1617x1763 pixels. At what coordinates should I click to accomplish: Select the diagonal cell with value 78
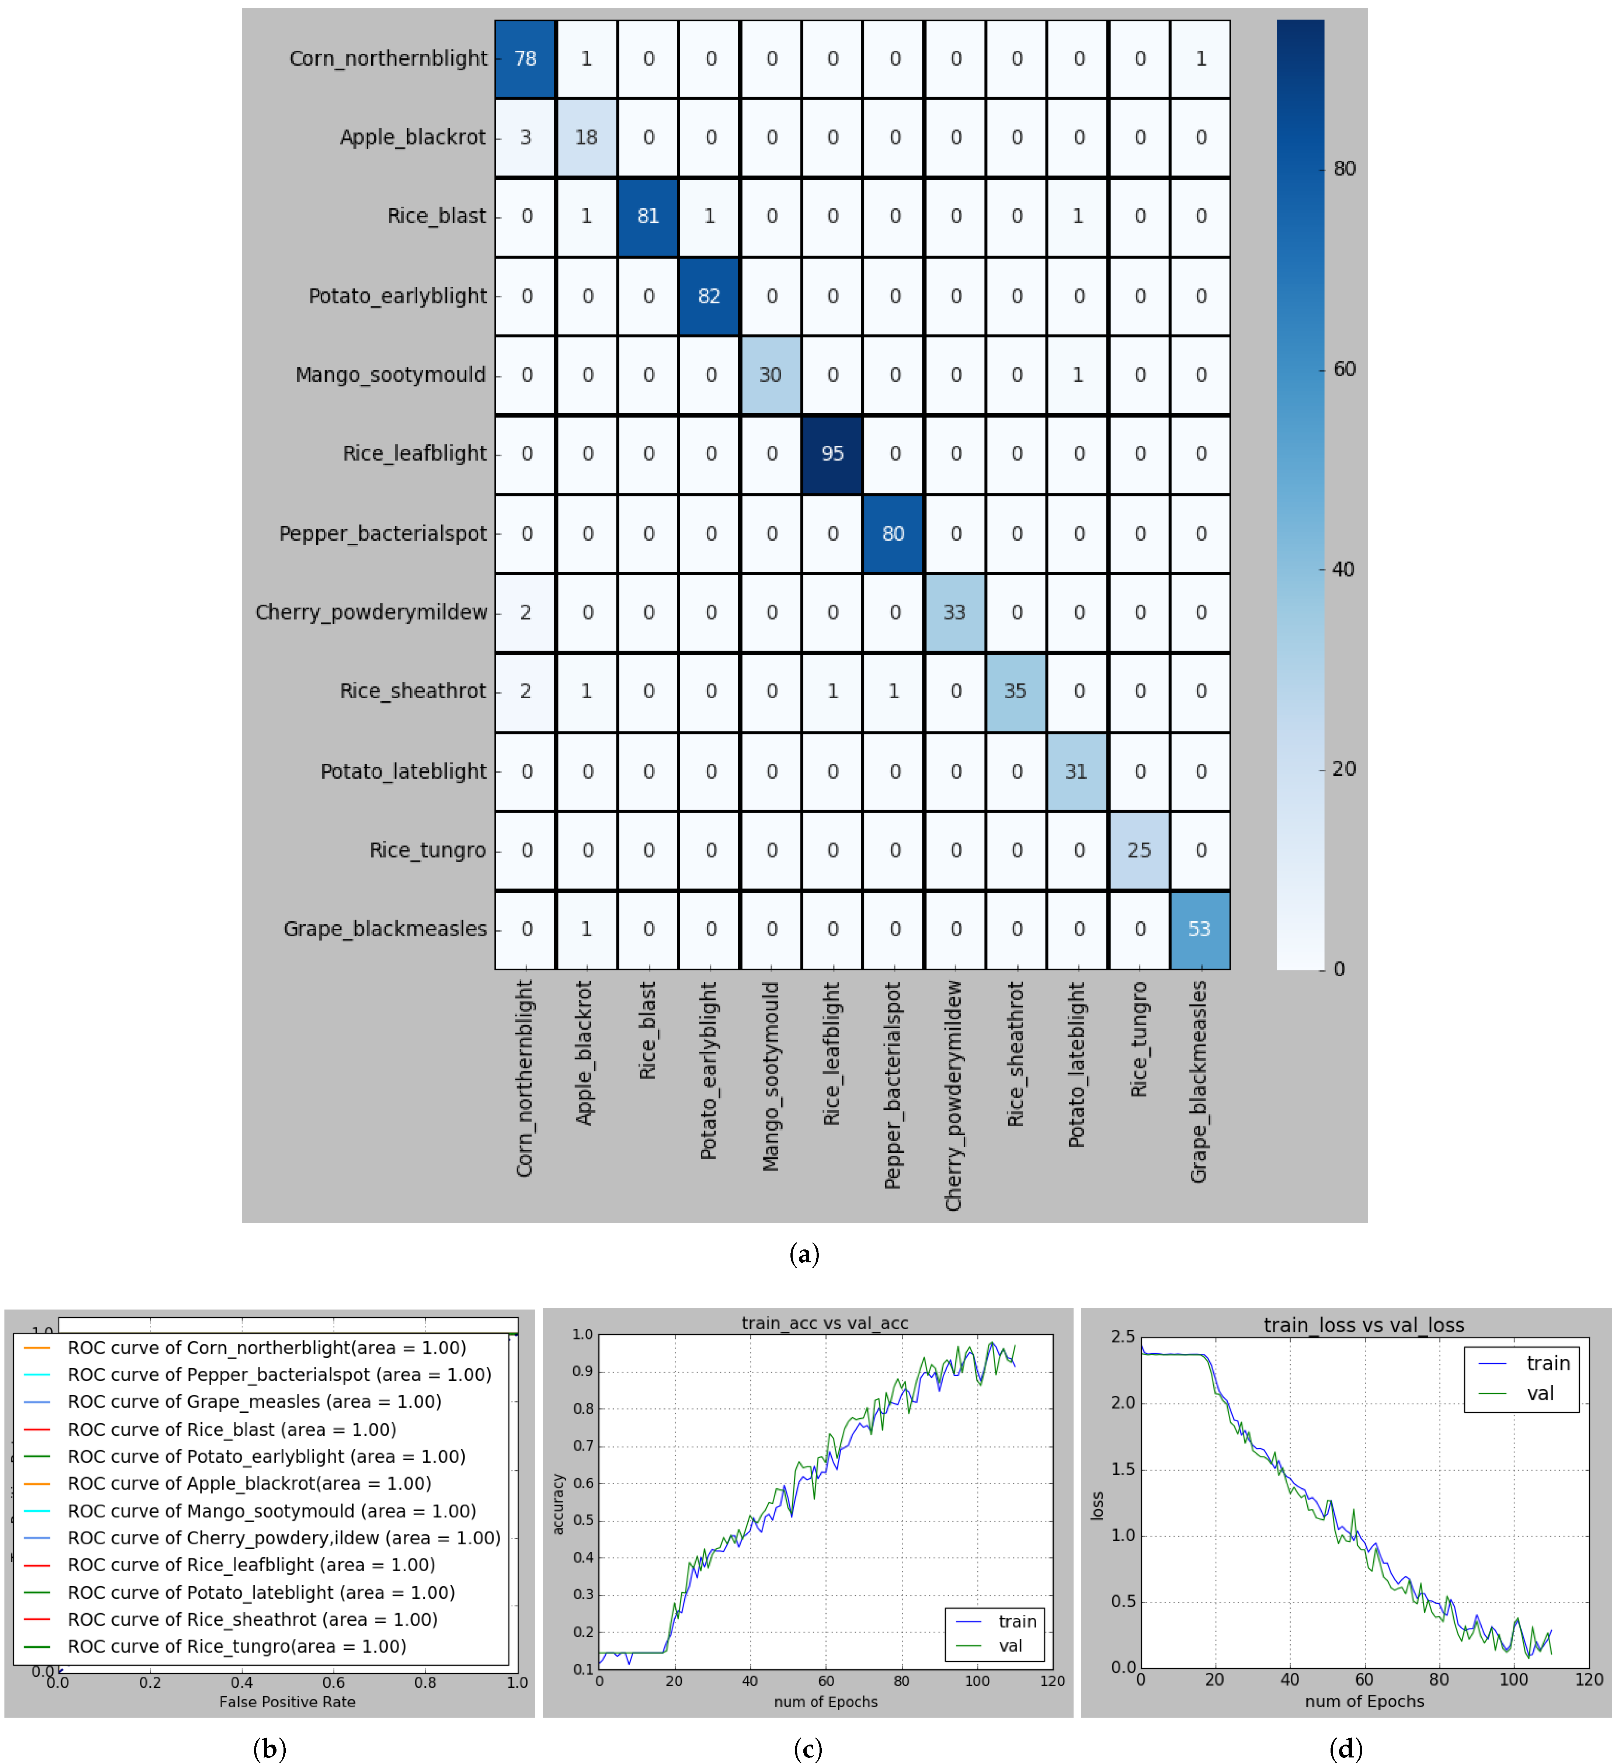click(525, 59)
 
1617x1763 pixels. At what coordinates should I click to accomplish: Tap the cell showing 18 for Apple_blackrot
click(586, 138)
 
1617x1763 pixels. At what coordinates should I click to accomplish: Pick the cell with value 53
click(1200, 929)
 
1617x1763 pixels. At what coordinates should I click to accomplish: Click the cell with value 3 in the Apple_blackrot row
click(525, 138)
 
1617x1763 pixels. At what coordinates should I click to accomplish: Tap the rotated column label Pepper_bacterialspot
click(893, 1085)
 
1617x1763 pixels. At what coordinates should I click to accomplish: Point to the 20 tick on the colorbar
click(1344, 769)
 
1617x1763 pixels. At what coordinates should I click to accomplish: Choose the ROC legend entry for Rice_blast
click(232, 1430)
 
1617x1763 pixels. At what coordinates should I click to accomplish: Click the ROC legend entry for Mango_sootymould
click(271, 1511)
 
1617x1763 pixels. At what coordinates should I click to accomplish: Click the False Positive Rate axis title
click(287, 1702)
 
